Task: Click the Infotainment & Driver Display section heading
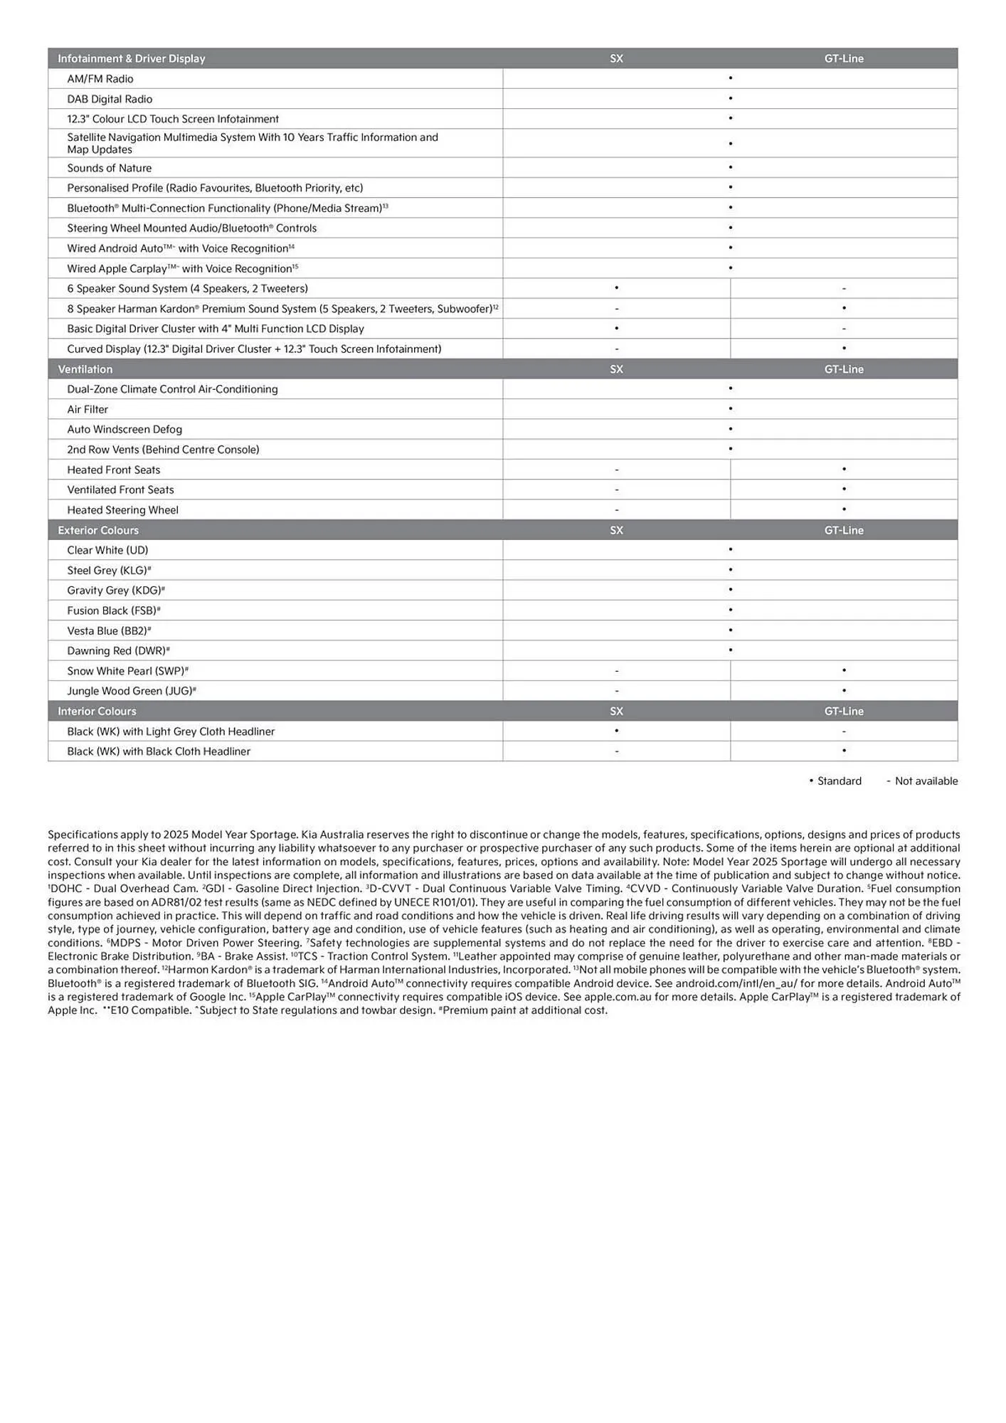131,58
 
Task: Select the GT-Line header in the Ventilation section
844,369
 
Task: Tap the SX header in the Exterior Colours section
616,530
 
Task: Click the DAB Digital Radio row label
110,99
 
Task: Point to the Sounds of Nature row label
109,168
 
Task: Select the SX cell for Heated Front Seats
616,470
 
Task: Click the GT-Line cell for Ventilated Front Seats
844,490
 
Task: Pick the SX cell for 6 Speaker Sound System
616,288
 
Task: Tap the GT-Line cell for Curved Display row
844,349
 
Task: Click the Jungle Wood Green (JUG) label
131,691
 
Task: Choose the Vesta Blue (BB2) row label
109,630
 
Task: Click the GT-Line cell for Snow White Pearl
844,671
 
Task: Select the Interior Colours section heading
97,711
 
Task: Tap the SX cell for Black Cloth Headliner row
616,751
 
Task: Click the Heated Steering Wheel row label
122,510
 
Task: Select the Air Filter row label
88,409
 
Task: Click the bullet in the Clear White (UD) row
730,550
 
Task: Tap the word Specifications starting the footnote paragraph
83,835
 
